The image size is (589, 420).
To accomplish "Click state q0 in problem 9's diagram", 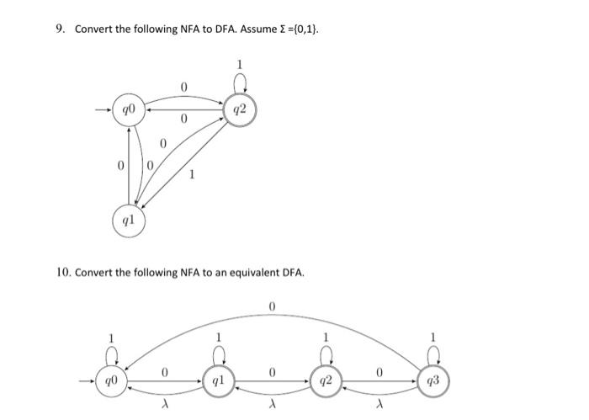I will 128,109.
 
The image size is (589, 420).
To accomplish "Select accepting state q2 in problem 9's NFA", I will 239,109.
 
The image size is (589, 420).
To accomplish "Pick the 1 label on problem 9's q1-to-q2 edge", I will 193,175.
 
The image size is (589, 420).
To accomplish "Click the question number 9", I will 60,29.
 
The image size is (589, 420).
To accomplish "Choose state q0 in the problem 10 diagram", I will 110,381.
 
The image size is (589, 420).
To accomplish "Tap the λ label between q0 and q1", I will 165,404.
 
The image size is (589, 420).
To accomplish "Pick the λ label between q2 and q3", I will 380,404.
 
